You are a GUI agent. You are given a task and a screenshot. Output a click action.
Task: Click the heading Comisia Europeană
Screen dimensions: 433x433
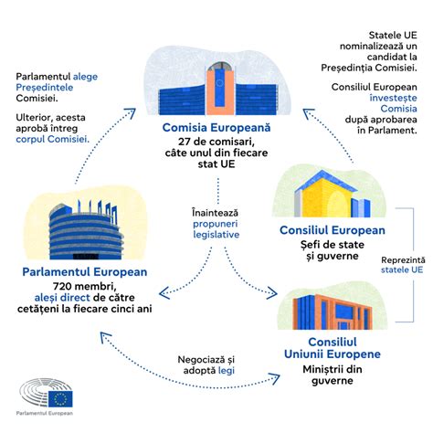point(216,127)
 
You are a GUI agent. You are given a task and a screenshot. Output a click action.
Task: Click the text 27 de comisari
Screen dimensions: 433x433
point(216,143)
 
